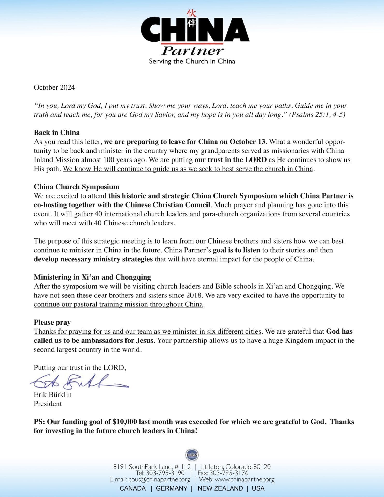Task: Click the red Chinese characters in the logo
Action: [x=192, y=19]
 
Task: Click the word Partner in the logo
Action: [x=192, y=51]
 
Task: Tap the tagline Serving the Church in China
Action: [x=192, y=61]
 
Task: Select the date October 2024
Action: [x=54, y=87]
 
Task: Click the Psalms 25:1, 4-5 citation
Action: [x=317, y=114]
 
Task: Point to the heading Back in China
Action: [x=57, y=133]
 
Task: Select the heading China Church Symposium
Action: [x=77, y=187]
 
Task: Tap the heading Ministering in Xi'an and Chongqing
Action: [x=92, y=277]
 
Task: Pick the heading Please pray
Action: [x=52, y=322]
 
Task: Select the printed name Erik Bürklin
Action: [x=53, y=394]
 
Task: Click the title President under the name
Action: [x=48, y=404]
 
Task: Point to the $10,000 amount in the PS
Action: [x=125, y=422]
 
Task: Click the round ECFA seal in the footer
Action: [x=192, y=455]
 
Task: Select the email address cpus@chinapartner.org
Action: [x=159, y=479]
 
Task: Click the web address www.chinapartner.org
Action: [x=245, y=479]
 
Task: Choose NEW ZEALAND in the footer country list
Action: [x=220, y=488]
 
